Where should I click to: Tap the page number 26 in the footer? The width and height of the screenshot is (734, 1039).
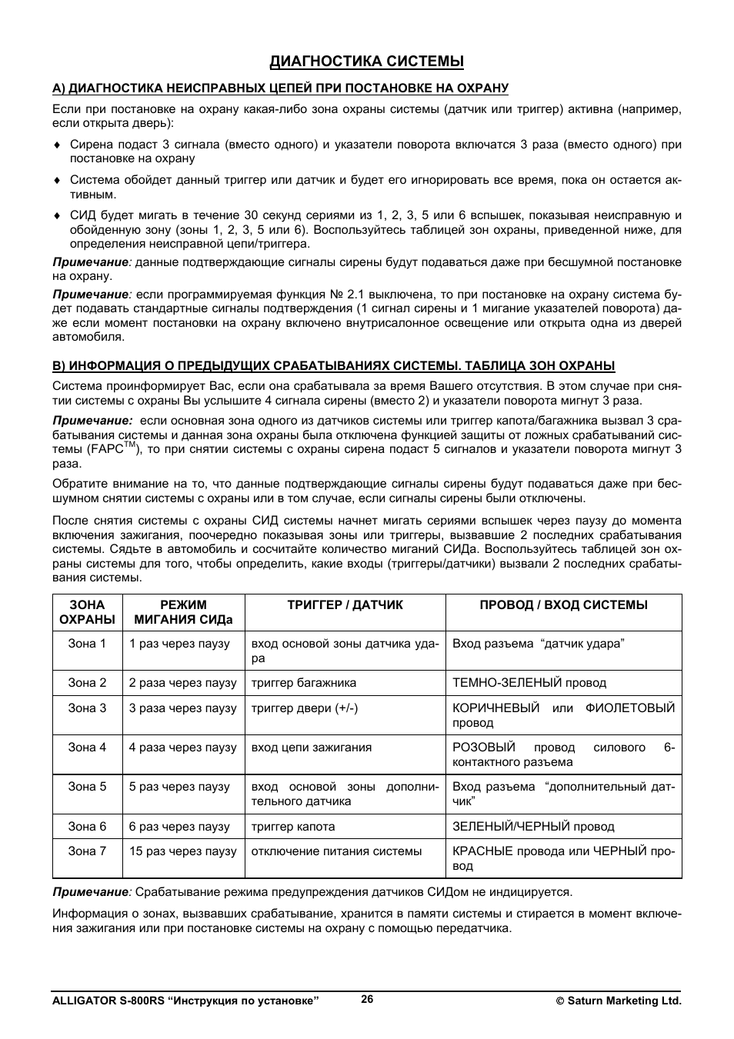(x=367, y=999)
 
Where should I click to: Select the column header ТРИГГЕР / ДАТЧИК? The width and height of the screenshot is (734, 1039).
(x=345, y=605)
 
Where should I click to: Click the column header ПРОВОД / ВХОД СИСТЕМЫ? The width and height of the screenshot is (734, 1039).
(x=563, y=605)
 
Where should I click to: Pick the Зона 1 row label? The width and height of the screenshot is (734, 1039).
(x=87, y=644)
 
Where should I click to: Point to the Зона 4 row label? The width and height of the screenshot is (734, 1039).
(x=87, y=748)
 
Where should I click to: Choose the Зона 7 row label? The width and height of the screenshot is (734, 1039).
(x=87, y=851)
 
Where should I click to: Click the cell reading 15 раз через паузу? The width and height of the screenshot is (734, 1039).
(x=182, y=851)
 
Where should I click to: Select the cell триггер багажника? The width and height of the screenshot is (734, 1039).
(x=304, y=683)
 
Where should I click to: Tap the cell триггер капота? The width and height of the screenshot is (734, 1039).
(x=293, y=827)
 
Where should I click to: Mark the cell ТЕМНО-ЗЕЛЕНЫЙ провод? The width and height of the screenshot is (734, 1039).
(x=529, y=683)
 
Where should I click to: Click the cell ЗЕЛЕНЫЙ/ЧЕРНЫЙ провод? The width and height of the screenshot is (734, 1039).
(x=533, y=827)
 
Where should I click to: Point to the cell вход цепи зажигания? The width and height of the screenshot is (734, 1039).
(x=312, y=748)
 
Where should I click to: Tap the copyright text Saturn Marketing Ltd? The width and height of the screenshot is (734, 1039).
(x=619, y=1001)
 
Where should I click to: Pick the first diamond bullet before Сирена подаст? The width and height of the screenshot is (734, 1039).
(x=56, y=145)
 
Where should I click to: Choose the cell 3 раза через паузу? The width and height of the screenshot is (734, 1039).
(x=182, y=708)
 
